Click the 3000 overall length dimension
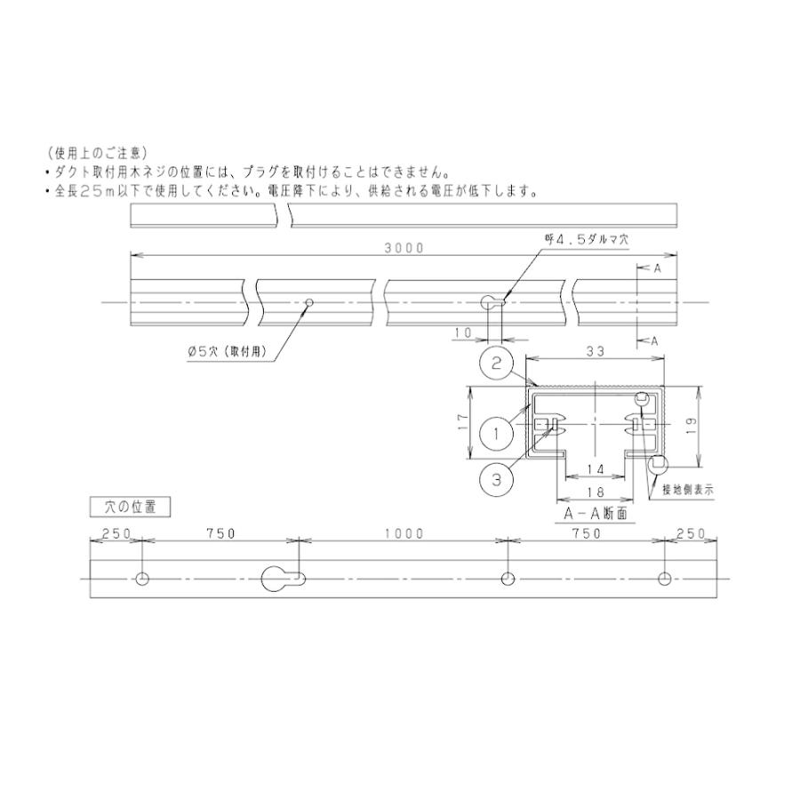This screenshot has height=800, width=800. [404, 248]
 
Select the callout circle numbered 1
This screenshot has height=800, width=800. [497, 433]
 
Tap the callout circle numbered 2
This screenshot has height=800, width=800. [498, 363]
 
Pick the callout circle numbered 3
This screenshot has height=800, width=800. [497, 479]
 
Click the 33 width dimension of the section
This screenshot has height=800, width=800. [596, 352]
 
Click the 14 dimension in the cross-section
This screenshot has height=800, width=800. [596, 468]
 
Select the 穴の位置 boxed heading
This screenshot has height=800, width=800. [131, 507]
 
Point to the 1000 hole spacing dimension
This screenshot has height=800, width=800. [404, 533]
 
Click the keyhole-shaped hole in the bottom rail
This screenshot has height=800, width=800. [284, 579]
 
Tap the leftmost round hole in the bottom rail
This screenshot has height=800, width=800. [142, 579]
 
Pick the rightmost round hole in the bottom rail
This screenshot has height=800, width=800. [664, 579]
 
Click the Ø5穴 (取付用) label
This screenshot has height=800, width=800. [228, 353]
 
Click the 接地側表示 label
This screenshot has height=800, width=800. [688, 489]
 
